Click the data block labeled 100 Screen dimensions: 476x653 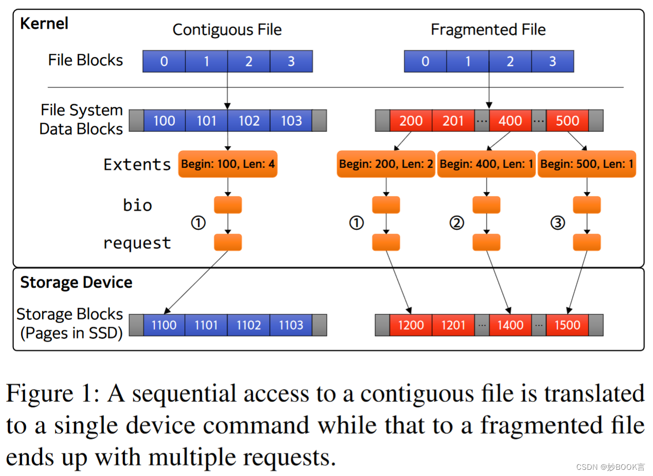click(x=164, y=121)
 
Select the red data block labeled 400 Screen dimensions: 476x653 click(x=510, y=121)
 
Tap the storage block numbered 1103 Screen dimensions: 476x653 click(x=291, y=325)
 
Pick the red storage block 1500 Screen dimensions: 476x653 click(x=567, y=325)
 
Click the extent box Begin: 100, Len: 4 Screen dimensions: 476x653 click(x=227, y=164)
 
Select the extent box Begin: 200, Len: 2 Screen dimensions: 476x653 click(x=385, y=164)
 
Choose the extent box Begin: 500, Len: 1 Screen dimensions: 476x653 click(x=587, y=164)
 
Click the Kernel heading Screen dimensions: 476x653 click(x=44, y=24)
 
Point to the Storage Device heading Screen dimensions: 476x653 click(x=76, y=282)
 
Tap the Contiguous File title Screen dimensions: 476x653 click(x=227, y=29)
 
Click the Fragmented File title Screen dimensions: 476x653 click(x=488, y=29)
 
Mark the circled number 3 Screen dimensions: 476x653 click(x=558, y=223)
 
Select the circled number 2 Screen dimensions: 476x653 click(x=457, y=223)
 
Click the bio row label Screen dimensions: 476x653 click(x=137, y=205)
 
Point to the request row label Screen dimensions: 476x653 click(x=137, y=243)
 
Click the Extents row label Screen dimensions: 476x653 click(x=137, y=164)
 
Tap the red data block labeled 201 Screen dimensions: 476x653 click(x=453, y=121)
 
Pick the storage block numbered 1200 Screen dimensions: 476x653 click(x=411, y=325)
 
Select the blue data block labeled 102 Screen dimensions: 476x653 click(x=249, y=121)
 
